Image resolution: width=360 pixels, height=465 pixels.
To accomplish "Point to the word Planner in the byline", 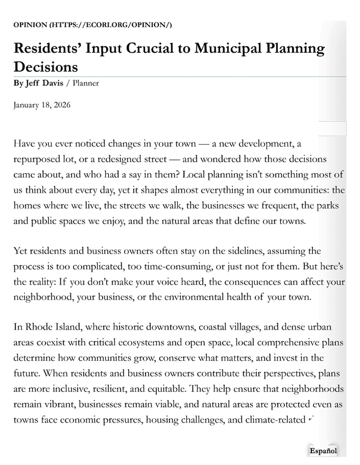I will click(86, 83).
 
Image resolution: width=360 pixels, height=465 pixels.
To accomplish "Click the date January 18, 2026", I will click(42, 105).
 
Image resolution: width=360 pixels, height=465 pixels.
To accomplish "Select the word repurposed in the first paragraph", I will click(38, 159).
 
